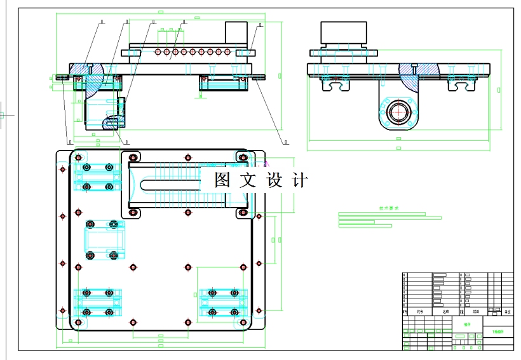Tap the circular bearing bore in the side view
click(x=398, y=112)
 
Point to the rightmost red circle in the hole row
click(x=227, y=52)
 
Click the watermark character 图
click(x=222, y=180)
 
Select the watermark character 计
click(x=299, y=180)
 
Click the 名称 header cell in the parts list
click(x=445, y=312)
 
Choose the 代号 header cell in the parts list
click(x=419, y=312)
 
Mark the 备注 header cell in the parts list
click(x=507, y=312)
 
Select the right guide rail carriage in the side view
click(x=462, y=82)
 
